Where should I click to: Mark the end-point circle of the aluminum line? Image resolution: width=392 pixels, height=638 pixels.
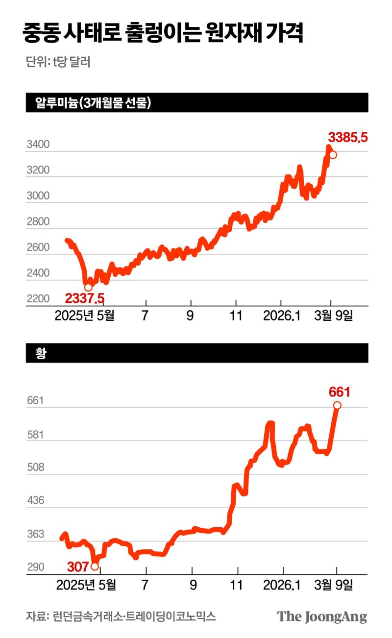[x=333, y=155]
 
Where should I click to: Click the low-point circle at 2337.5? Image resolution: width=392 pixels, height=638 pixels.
[x=88, y=287]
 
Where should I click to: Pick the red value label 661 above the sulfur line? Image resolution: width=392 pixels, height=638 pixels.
[x=340, y=392]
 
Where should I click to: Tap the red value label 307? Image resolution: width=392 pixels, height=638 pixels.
[x=77, y=567]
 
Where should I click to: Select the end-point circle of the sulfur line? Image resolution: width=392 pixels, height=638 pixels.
[x=337, y=405]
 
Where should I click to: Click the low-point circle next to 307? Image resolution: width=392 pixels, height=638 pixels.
[x=95, y=566]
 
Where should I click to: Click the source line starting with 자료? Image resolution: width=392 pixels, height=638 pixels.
[x=121, y=616]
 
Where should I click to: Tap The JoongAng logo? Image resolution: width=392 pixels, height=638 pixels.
[x=322, y=616]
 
